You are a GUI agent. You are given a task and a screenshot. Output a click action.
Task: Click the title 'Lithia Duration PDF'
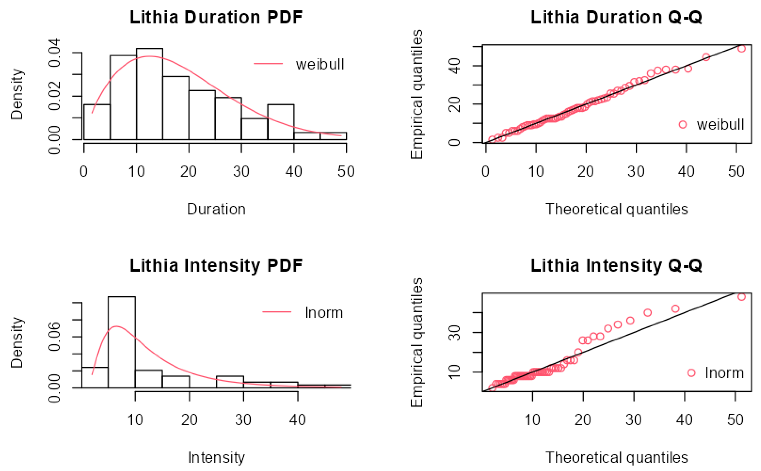[216, 17]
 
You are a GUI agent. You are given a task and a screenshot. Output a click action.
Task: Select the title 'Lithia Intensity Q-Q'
[616, 265]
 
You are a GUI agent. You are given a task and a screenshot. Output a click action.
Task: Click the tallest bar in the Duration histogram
[150, 94]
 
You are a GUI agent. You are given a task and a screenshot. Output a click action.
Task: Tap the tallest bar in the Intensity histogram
[121, 342]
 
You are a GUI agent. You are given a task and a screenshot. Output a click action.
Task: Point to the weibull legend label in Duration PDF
[320, 64]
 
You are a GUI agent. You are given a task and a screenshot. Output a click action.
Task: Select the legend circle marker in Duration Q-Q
[683, 125]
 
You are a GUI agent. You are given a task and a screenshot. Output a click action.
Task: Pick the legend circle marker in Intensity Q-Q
[691, 373]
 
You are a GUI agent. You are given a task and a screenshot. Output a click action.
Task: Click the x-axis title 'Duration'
[216, 209]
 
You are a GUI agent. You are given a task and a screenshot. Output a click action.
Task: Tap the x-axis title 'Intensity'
[216, 457]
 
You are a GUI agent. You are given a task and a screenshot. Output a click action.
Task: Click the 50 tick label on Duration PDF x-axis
[346, 172]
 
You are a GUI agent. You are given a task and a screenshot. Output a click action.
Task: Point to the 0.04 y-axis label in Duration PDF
[55, 53]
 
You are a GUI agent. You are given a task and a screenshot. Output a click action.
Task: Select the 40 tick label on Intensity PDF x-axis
[298, 420]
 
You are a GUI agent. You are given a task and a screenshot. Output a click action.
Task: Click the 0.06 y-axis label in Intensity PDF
[55, 337]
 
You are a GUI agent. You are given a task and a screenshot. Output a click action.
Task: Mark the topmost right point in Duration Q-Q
[742, 48]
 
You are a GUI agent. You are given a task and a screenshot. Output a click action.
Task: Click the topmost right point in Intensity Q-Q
[742, 297]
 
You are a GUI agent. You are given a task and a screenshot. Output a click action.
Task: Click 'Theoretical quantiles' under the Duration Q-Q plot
[616, 209]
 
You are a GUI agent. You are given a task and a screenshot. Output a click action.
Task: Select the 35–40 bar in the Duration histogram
[281, 122]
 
